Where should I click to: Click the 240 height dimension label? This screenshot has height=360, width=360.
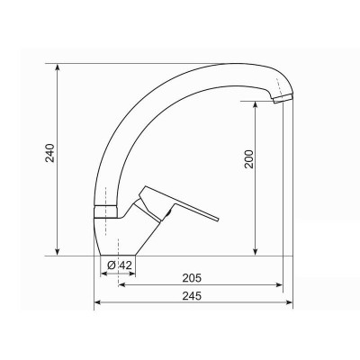pos(50,158)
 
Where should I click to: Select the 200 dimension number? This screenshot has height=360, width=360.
pos(249,158)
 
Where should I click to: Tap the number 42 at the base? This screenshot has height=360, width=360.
pos(126,265)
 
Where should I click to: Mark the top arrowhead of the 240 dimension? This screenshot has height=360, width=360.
pos(60,67)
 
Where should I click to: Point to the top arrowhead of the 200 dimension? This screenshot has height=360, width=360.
pos(258,102)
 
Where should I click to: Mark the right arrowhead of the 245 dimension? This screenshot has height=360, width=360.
pos(290,303)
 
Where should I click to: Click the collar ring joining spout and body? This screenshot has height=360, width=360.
pos(106,210)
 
